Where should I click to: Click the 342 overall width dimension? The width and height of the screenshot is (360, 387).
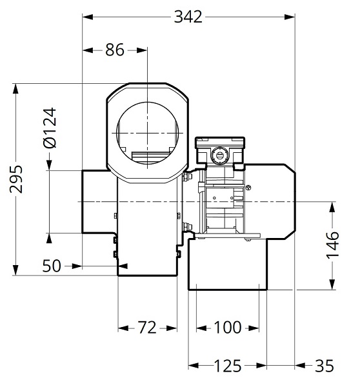(x=189, y=17)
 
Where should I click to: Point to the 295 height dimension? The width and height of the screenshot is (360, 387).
(x=17, y=179)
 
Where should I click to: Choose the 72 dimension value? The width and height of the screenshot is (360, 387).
(x=146, y=328)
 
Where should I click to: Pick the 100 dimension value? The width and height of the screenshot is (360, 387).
(x=227, y=328)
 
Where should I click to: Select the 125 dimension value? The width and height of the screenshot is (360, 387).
(x=227, y=366)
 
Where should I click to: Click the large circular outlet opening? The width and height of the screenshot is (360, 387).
(x=148, y=129)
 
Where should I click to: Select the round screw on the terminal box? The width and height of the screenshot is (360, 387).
(x=220, y=155)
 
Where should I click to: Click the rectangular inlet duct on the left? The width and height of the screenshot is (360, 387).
(x=98, y=201)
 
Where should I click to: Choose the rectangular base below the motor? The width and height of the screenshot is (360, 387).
(x=226, y=264)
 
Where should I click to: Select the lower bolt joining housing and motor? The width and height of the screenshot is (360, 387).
(x=187, y=226)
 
